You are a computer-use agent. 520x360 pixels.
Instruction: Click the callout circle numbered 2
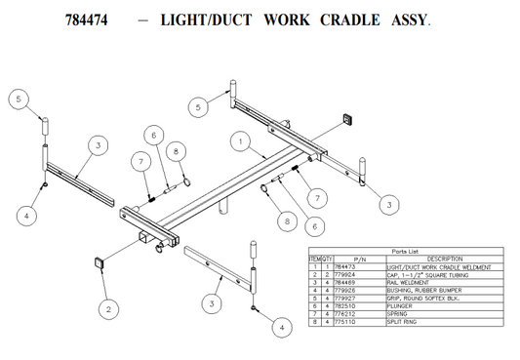[x=109, y=309]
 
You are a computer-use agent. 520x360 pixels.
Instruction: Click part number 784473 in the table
[x=344, y=266]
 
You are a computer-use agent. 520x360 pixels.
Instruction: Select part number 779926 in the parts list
[x=344, y=289]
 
